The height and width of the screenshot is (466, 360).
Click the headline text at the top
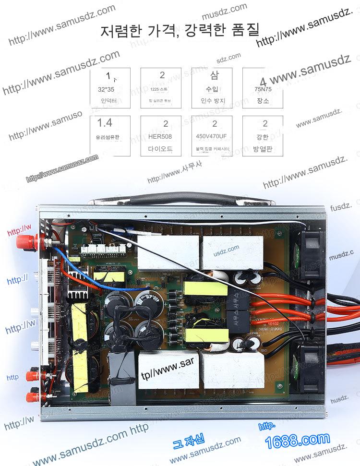pyautogui.click(x=180, y=30)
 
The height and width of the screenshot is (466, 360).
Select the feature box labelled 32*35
pyautogui.click(x=110, y=88)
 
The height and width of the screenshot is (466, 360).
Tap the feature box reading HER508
pyautogui.click(x=161, y=136)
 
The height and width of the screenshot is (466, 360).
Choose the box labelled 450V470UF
pyautogui.click(x=212, y=136)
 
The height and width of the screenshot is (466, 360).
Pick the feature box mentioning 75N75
pyautogui.click(x=263, y=88)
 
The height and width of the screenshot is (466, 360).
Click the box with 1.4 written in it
pyautogui.click(x=110, y=136)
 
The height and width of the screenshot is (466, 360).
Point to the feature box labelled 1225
pyautogui.click(x=161, y=88)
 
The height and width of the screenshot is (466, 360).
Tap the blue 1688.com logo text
pyautogui.click(x=298, y=439)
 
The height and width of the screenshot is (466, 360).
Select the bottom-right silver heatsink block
pyautogui.click(x=232, y=372)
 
